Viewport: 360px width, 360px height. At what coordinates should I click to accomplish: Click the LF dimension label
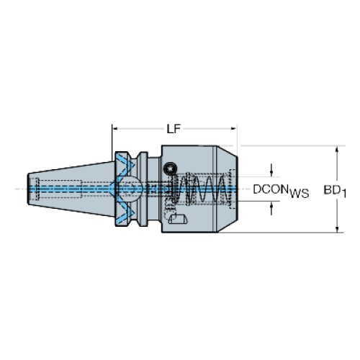point(174,129)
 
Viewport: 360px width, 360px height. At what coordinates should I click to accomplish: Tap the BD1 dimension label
point(335,191)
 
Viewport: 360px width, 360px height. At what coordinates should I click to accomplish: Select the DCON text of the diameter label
point(271,189)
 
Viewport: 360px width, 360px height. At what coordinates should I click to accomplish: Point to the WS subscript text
point(300,194)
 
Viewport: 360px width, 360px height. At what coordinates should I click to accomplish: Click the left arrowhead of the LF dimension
point(115,129)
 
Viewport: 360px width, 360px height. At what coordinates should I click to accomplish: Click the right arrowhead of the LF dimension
point(234,129)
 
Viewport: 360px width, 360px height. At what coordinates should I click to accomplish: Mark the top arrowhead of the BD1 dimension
point(337,149)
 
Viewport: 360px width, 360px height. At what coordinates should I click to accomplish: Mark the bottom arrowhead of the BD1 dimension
point(337,230)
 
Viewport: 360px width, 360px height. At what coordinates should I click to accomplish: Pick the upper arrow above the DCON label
point(271,171)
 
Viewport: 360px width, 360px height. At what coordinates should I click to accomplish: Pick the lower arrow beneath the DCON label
point(271,208)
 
